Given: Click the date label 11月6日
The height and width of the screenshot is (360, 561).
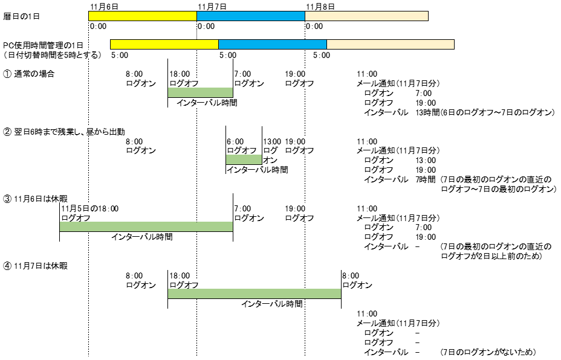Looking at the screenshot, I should click(x=103, y=6).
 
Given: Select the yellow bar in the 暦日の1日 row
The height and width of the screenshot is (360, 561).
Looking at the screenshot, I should click(x=143, y=16).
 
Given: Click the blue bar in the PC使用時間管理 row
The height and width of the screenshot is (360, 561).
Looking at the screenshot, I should click(x=272, y=44).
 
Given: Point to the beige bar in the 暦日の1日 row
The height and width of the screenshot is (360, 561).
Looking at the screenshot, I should click(x=366, y=16).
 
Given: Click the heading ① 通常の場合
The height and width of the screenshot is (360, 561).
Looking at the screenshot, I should click(x=29, y=74).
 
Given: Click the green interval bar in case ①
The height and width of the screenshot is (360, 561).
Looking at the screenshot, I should click(x=200, y=92).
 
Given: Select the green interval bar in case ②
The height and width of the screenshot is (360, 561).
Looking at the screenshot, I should click(x=244, y=159).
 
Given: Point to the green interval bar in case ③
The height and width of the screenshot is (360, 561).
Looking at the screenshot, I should click(x=146, y=227).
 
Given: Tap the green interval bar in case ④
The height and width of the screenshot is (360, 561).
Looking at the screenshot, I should click(x=254, y=294).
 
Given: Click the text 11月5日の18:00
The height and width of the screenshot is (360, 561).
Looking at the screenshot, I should click(x=90, y=208).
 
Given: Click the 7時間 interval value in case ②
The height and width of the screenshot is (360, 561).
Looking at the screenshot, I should click(x=425, y=179).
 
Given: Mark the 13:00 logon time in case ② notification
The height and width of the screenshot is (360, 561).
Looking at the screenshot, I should click(x=425, y=160).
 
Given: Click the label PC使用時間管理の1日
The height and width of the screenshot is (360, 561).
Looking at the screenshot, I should click(x=43, y=45).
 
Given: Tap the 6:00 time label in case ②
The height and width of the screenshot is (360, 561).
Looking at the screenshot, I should click(x=235, y=141).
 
